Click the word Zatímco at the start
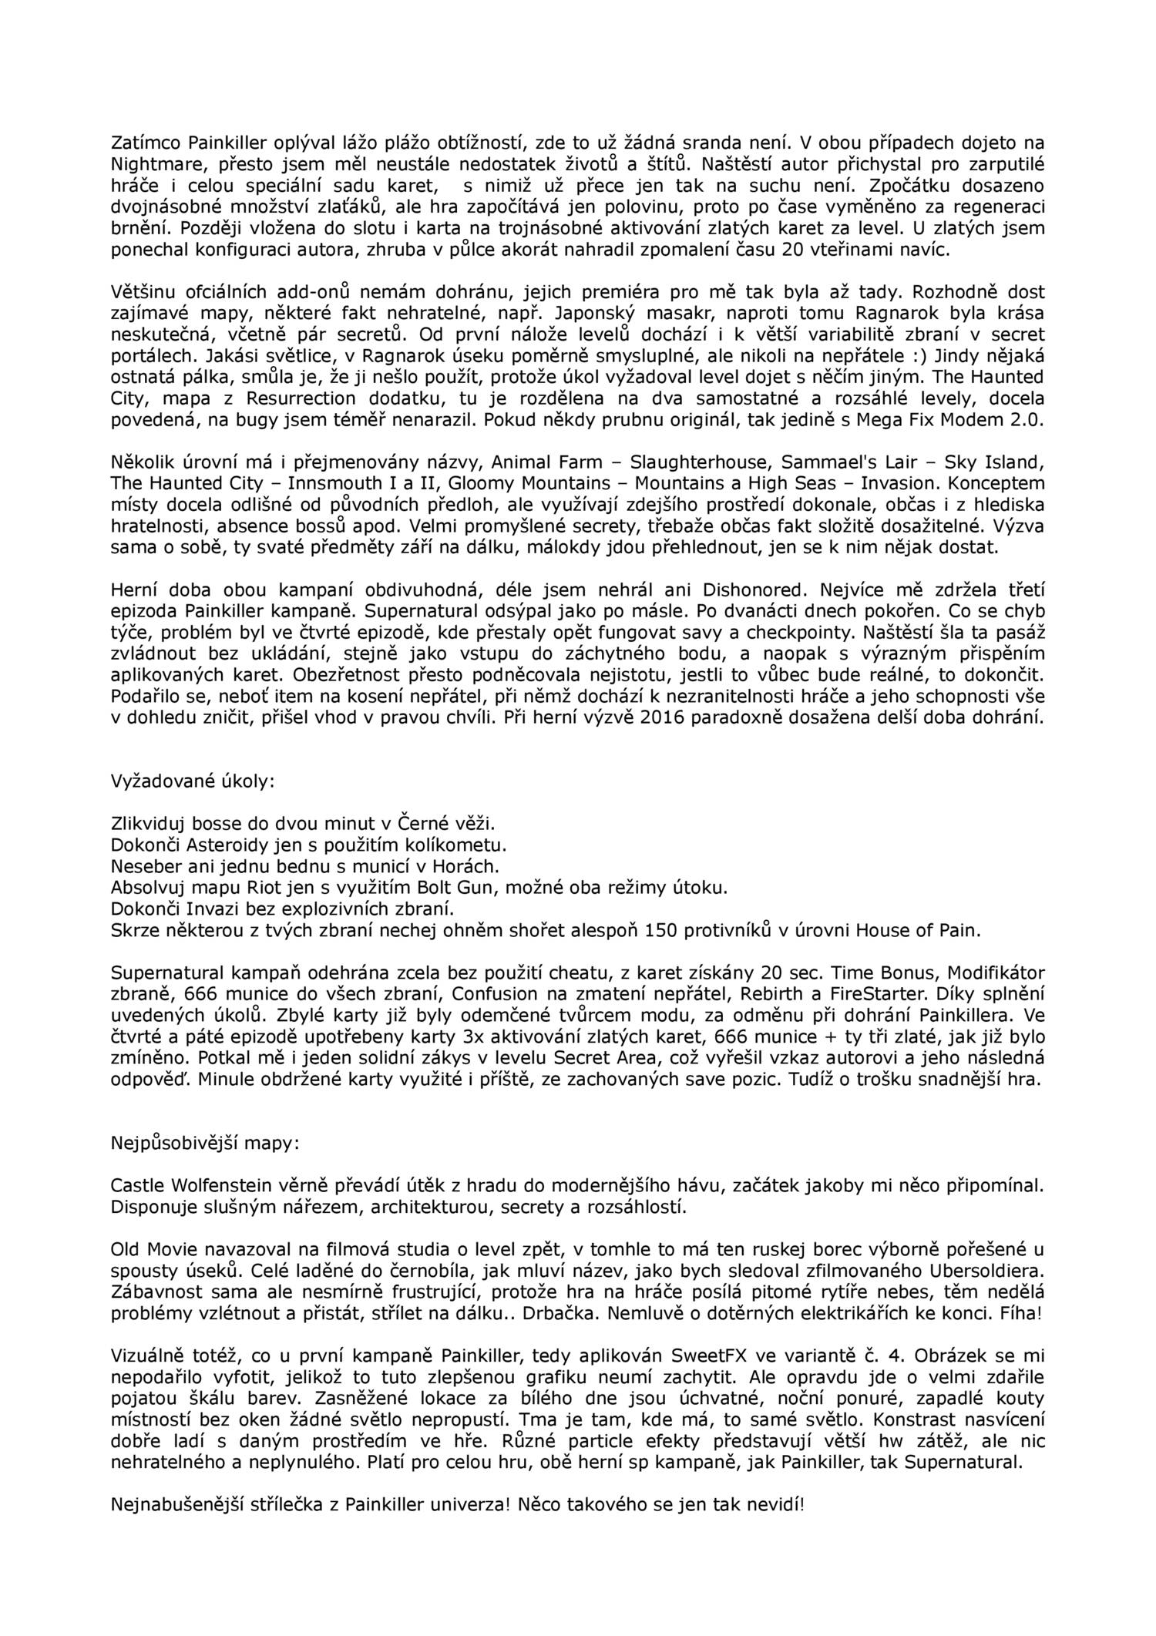(140, 142)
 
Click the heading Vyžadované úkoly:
(193, 780)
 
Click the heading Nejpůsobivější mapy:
(202, 1142)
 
